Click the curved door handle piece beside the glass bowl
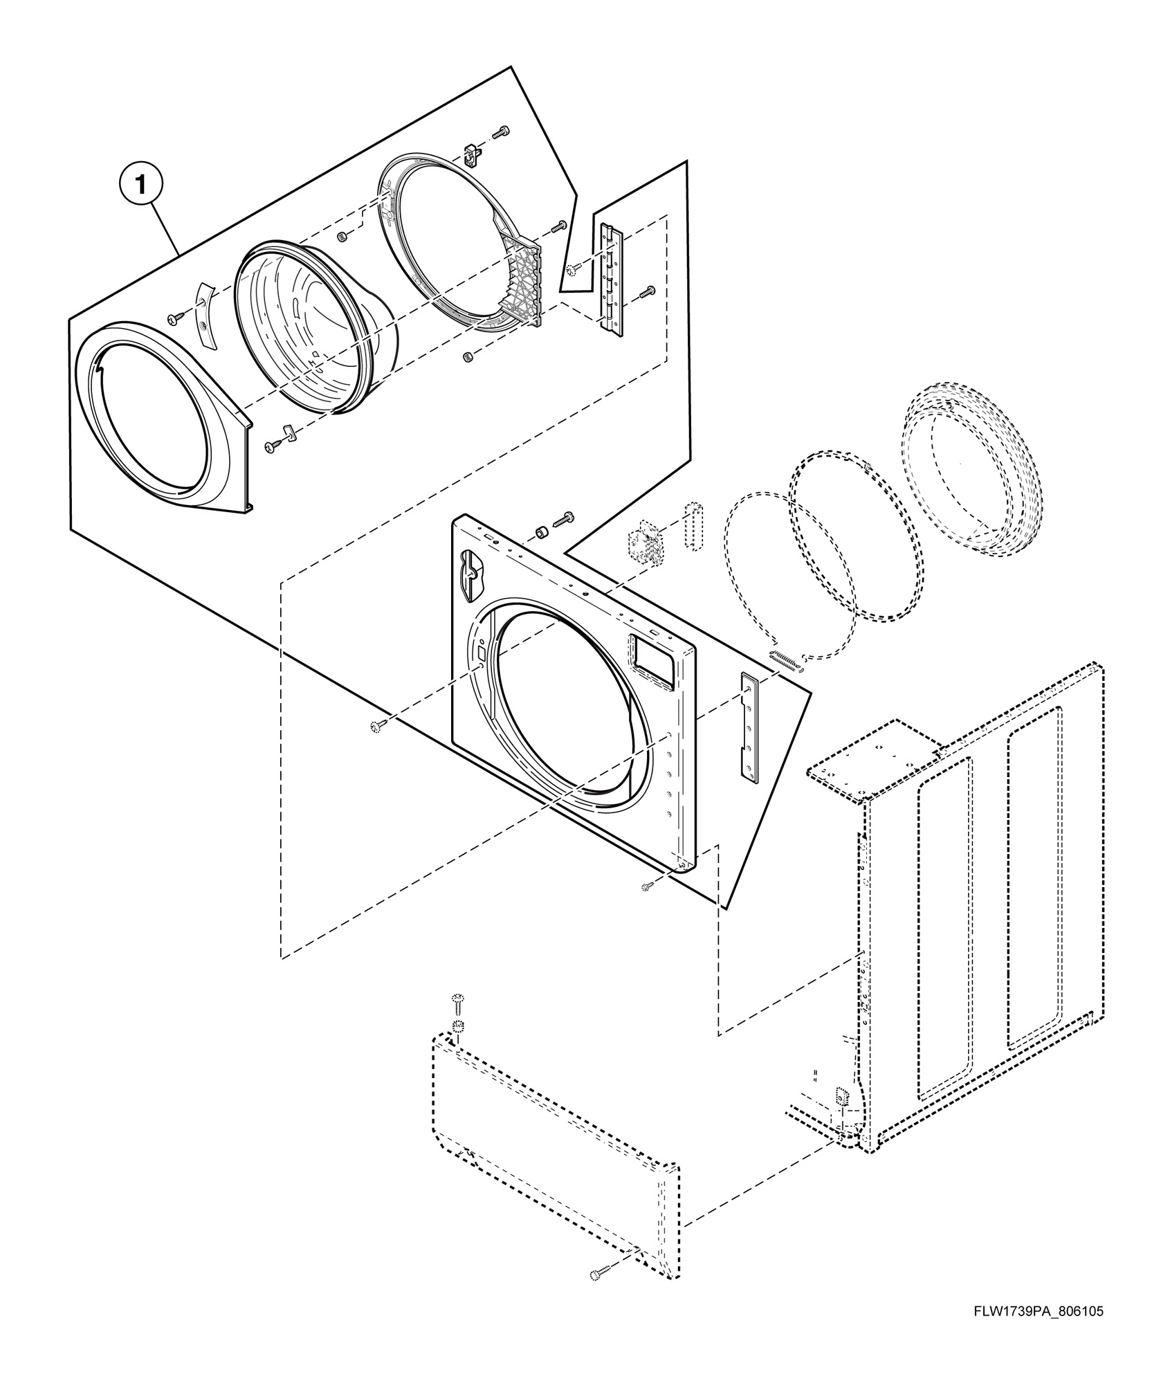pyautogui.click(x=205, y=314)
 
